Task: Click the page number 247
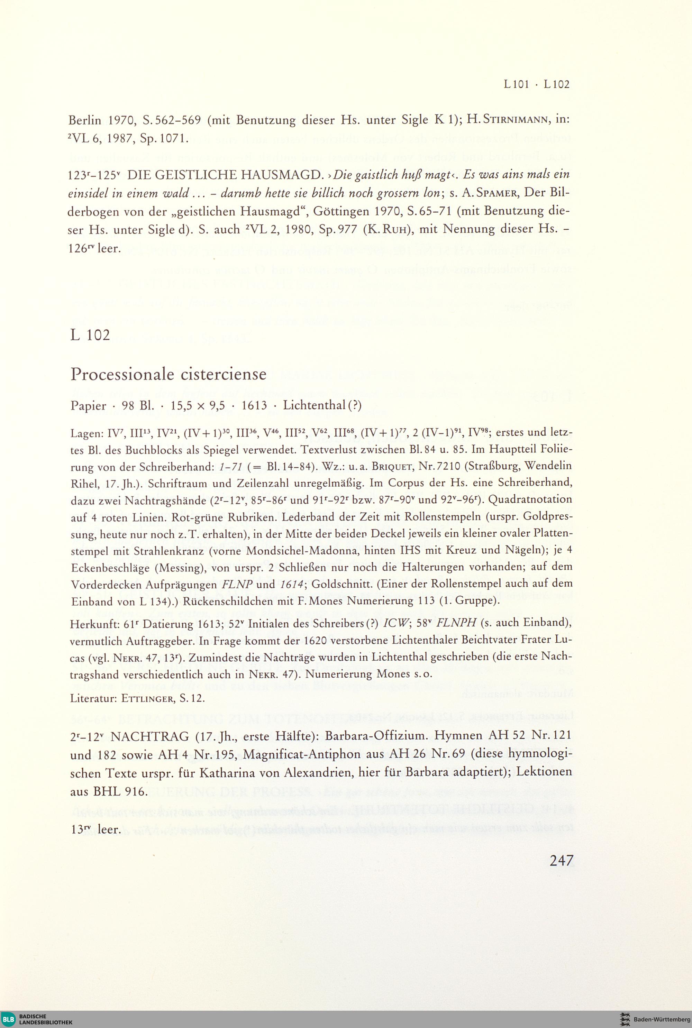561,860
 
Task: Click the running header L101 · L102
536,84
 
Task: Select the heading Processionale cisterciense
168,374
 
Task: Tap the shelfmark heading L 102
90,335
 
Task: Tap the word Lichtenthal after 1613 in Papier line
314,405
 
